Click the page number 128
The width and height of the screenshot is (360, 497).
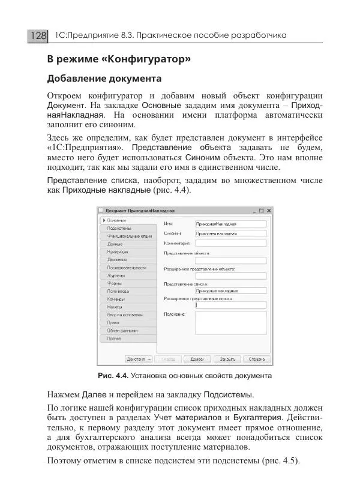click(37, 36)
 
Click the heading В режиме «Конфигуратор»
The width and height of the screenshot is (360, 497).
click(119, 59)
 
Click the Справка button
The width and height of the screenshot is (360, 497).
click(257, 359)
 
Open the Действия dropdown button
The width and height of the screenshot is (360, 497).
click(138, 359)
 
